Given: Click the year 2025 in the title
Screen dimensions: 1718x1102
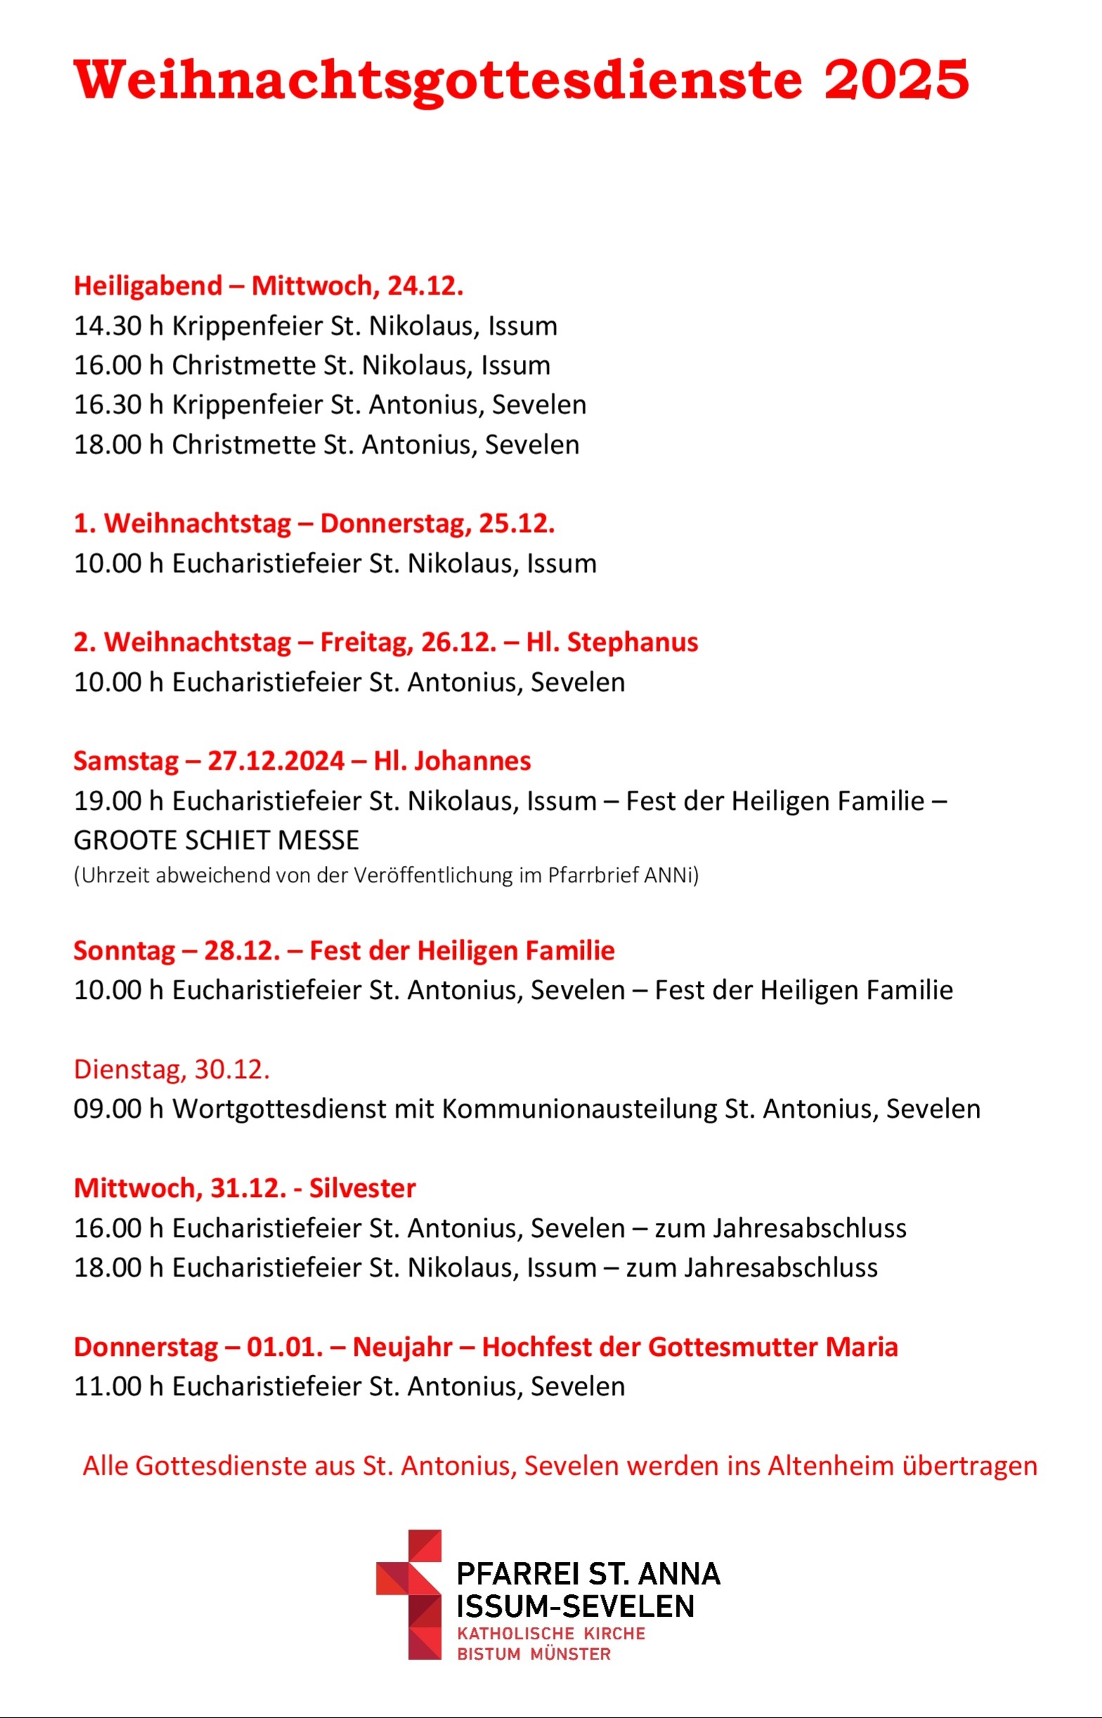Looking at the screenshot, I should tap(896, 79).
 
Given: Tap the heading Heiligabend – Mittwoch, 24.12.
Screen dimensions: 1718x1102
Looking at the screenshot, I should tap(268, 285).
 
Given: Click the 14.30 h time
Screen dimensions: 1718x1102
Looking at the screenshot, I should tap(118, 325).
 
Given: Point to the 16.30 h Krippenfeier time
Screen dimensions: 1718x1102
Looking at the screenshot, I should tap(118, 404).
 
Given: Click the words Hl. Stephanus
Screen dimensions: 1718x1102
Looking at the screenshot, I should tap(612, 642).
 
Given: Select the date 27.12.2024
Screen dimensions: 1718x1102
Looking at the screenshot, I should tap(276, 760).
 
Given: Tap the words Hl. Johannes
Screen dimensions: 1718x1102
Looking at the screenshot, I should tap(452, 760).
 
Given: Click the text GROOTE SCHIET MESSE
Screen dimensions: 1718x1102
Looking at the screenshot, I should tap(216, 840).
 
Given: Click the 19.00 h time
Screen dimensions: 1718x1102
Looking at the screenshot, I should tap(118, 801).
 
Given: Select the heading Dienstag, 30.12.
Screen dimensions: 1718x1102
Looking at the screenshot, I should tap(171, 1069).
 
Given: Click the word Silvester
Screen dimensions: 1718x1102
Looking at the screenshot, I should tap(362, 1188).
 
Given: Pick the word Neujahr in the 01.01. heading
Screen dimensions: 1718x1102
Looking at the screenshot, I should tap(402, 1347).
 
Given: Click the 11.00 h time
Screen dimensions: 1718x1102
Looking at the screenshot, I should tap(118, 1386).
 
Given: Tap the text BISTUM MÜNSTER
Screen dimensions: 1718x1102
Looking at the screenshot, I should tap(534, 1654).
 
